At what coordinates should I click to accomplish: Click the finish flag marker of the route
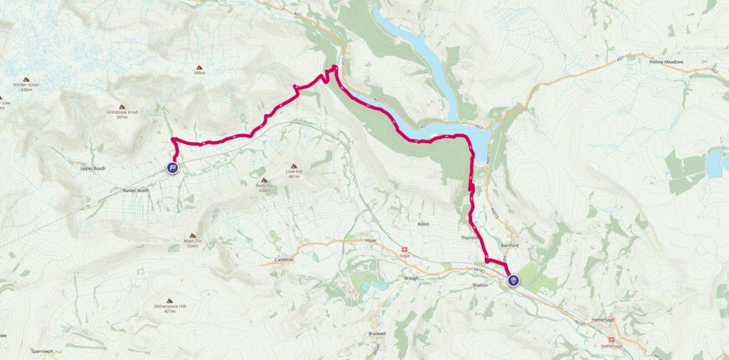click(172, 167)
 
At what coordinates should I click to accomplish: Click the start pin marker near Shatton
click(513, 281)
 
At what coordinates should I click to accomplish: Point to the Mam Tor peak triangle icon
click(194, 235)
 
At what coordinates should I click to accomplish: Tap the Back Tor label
click(264, 186)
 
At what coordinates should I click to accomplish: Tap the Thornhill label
click(472, 238)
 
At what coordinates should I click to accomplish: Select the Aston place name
click(423, 223)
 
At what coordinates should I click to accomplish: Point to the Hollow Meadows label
click(666, 62)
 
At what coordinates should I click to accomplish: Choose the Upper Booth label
click(93, 169)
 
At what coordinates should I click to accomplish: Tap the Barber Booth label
click(135, 191)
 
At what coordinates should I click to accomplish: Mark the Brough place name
click(411, 278)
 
